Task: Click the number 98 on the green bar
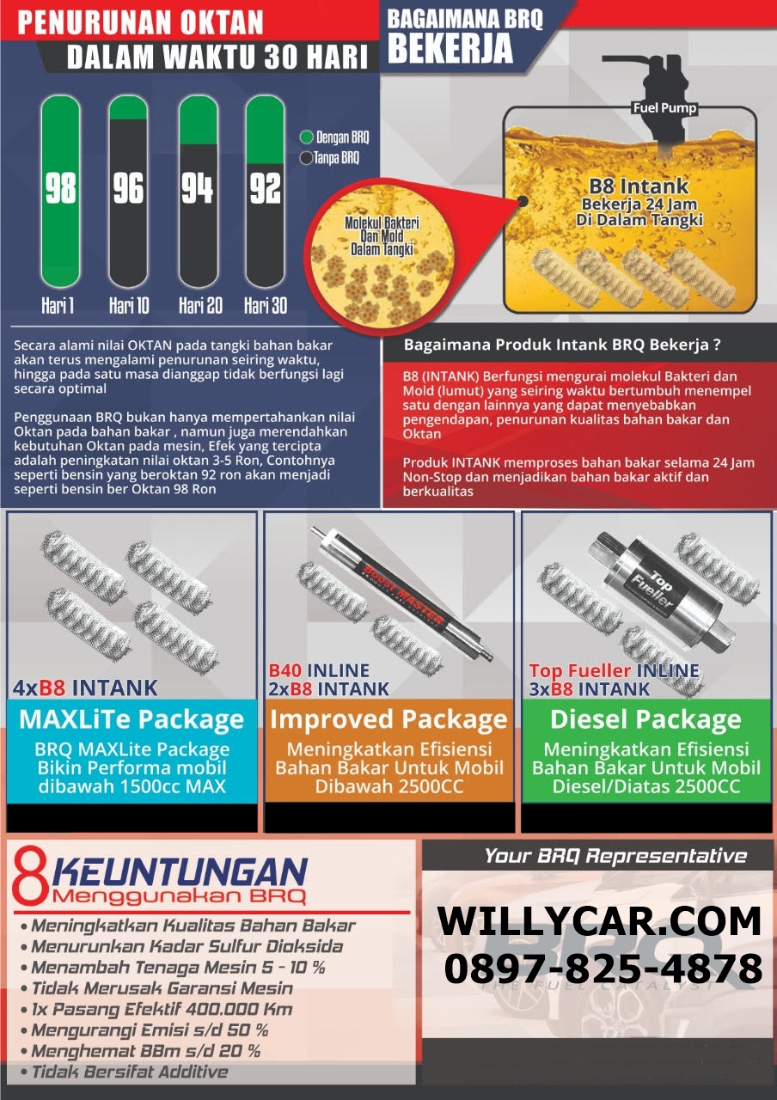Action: (x=61, y=187)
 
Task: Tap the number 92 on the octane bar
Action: (x=266, y=187)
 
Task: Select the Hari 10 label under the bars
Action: (x=129, y=305)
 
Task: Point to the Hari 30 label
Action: (x=266, y=305)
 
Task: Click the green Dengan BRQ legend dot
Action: (x=307, y=137)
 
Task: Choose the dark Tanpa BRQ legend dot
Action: (x=306, y=158)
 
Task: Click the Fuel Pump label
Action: (x=664, y=108)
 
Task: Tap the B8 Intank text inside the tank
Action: (x=639, y=186)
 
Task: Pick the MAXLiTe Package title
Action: (x=132, y=719)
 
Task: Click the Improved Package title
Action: (x=389, y=720)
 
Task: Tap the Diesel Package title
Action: (x=645, y=720)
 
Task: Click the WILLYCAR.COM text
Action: (x=599, y=922)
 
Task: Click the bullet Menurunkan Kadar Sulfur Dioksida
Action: (x=181, y=946)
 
